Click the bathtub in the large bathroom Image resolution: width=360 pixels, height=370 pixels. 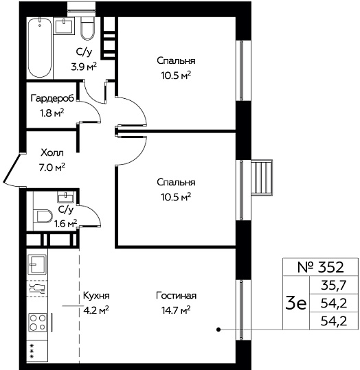(x=40, y=48)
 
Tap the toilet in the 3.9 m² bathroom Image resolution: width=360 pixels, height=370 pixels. (x=87, y=28)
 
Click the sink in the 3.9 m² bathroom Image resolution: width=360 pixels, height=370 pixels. (x=65, y=26)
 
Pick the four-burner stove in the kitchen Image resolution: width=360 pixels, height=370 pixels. (x=38, y=322)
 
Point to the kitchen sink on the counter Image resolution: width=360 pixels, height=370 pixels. (x=37, y=264)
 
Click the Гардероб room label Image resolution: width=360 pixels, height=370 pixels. (x=52, y=98)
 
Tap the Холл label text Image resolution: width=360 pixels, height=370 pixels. (x=52, y=152)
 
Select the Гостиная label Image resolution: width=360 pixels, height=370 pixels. (x=176, y=295)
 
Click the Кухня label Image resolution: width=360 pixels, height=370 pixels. (x=96, y=296)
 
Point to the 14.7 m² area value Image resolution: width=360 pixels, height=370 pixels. (x=176, y=310)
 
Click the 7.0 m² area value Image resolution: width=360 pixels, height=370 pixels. (x=52, y=167)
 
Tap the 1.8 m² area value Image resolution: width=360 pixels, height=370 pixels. (x=52, y=113)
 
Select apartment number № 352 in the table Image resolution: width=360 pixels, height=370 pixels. (x=321, y=267)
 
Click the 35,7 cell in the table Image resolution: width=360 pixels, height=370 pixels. (x=333, y=286)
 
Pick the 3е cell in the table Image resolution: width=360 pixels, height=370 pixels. (x=296, y=303)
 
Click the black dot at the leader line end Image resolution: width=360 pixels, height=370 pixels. (x=218, y=329)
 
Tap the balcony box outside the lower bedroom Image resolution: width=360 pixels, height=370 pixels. (x=262, y=177)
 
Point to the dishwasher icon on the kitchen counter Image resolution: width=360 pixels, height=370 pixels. (x=37, y=288)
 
